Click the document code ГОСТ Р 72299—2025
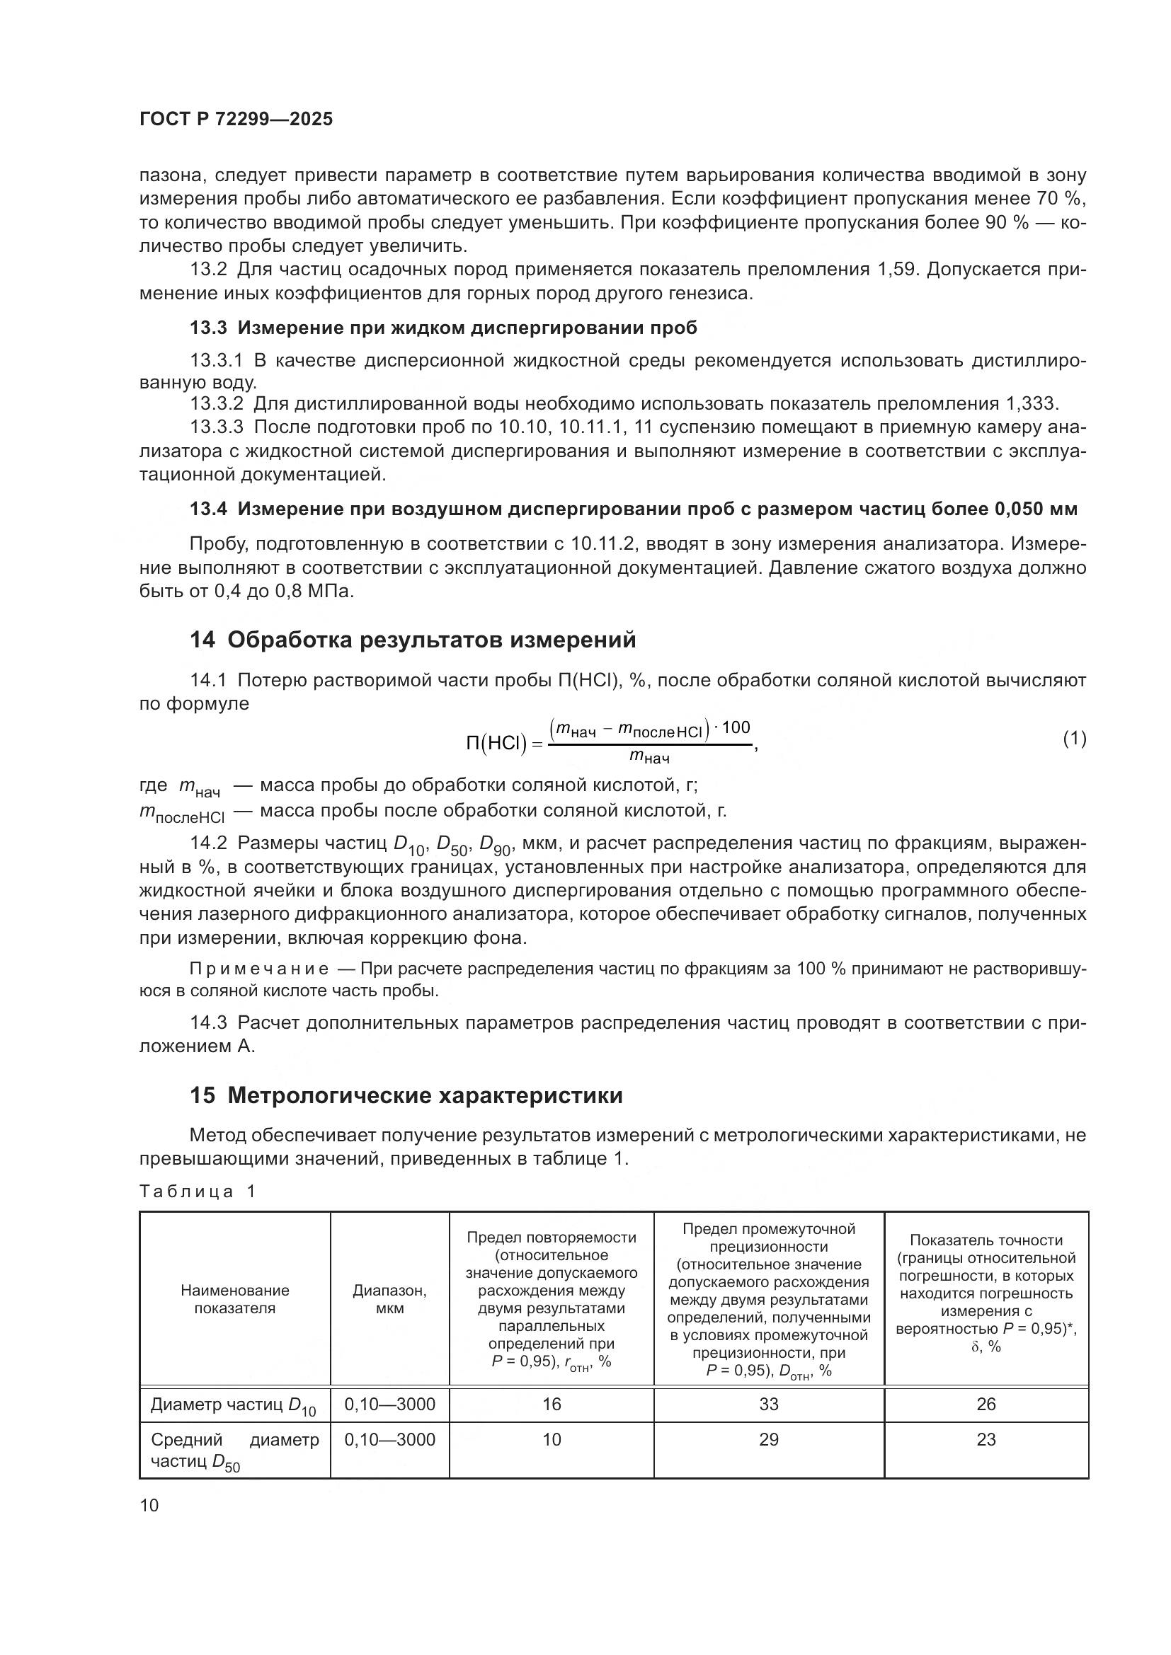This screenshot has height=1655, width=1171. click(x=236, y=120)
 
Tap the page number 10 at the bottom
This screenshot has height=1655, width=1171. click(x=149, y=1505)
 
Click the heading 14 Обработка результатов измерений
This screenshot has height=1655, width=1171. click(x=413, y=640)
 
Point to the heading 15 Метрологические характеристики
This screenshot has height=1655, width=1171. click(x=406, y=1095)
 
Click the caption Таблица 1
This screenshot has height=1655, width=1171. click(x=198, y=1191)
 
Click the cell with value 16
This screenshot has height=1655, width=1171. click(x=552, y=1403)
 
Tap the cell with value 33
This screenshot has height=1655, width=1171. click(x=769, y=1403)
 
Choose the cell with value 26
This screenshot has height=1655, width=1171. click(x=986, y=1403)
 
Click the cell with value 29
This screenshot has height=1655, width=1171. click(x=769, y=1439)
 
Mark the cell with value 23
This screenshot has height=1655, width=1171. click(x=986, y=1439)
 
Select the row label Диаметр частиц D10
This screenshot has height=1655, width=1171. click(x=233, y=1405)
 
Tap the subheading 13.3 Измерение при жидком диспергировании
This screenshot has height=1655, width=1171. click(x=443, y=328)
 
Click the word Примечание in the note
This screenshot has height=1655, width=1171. click(x=259, y=969)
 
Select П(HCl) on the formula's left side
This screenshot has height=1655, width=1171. click(x=496, y=743)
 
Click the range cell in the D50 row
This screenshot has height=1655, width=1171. click(x=389, y=1439)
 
